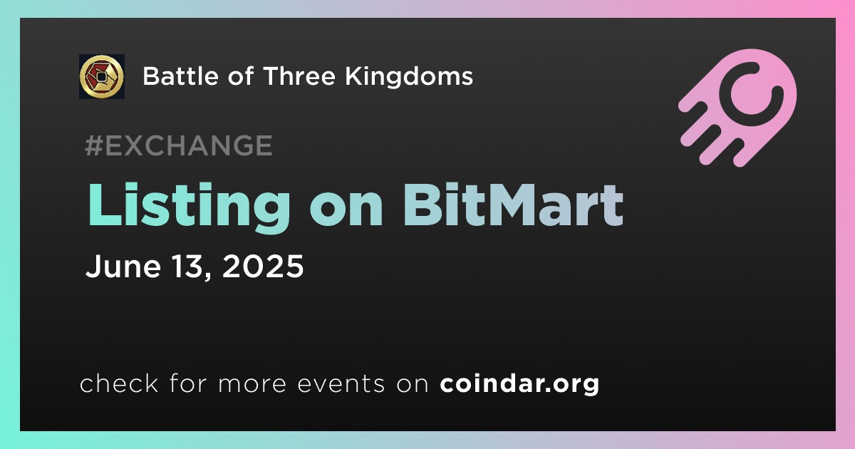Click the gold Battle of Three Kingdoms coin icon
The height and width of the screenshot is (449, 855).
pyautogui.click(x=101, y=76)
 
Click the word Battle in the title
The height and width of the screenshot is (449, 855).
pyautogui.click(x=181, y=76)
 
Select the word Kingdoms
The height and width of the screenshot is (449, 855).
pyautogui.click(x=409, y=76)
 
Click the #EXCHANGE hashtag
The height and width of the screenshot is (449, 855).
pyautogui.click(x=179, y=145)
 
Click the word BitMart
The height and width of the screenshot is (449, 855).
pyautogui.click(x=513, y=205)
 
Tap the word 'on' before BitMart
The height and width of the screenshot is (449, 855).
pyautogui.click(x=346, y=210)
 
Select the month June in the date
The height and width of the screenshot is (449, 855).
pyautogui.click(x=123, y=266)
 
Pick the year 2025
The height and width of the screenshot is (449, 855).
pyautogui.click(x=263, y=266)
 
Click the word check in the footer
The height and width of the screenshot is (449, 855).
pyautogui.click(x=119, y=383)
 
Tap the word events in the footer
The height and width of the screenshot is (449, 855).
pyautogui.click(x=341, y=383)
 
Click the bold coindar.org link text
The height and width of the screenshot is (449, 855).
pyautogui.click(x=519, y=384)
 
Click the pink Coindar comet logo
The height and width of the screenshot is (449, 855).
pyautogui.click(x=737, y=108)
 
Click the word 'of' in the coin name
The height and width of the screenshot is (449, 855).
pyautogui.click(x=241, y=76)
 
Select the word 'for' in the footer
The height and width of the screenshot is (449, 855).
pyautogui.click(x=188, y=383)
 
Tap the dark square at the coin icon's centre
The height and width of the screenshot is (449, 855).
pyautogui.click(x=101, y=77)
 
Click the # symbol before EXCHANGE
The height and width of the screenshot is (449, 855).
pyautogui.click(x=94, y=145)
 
